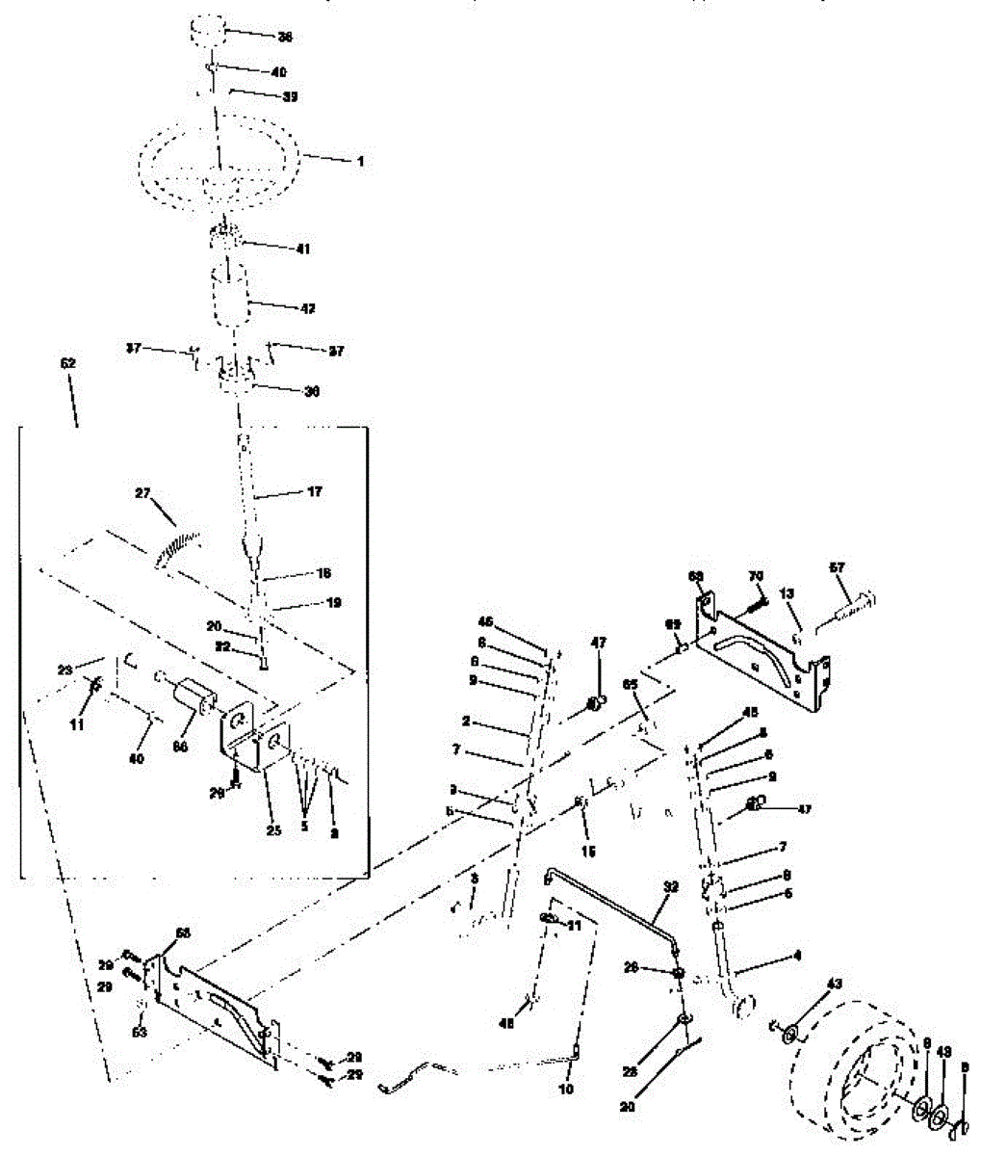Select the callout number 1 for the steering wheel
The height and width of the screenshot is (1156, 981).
coord(360,162)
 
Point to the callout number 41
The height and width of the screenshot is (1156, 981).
coord(304,249)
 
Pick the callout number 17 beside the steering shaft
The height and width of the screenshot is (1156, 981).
coord(314,492)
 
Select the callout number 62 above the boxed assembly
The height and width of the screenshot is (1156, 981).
coord(67,364)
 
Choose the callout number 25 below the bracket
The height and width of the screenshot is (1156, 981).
coord(273,830)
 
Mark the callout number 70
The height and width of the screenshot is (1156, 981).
coord(757,576)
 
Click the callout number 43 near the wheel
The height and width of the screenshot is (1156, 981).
coord(834,984)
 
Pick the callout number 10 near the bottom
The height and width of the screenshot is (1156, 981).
coord(565,1090)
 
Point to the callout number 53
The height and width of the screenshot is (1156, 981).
coord(140,1033)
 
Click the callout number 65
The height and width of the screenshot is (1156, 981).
coord(631,684)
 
